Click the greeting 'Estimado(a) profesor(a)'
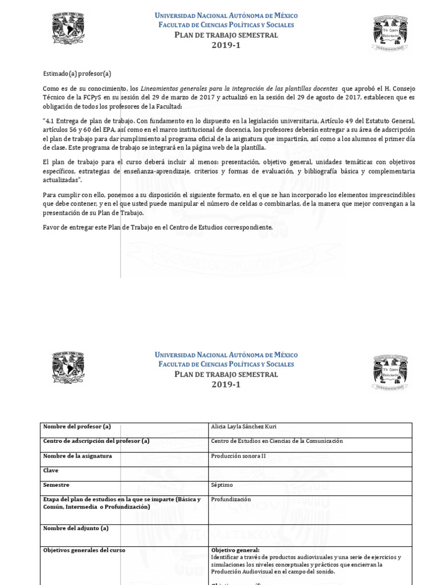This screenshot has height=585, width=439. click(x=77, y=73)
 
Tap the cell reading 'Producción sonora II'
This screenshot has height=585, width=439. click(x=238, y=456)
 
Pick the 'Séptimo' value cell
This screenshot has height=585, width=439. click(x=222, y=484)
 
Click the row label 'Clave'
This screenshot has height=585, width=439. click(x=51, y=470)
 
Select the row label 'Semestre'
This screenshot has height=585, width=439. click(x=56, y=484)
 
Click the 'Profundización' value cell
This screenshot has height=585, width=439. click(x=231, y=499)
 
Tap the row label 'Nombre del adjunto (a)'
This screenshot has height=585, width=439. click(x=75, y=528)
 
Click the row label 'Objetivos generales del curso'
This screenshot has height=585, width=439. click(x=84, y=550)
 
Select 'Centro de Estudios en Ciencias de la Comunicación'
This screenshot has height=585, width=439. click(x=277, y=441)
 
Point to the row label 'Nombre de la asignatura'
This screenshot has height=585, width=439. click(x=77, y=456)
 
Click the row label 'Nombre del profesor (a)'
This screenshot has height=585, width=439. click(x=77, y=427)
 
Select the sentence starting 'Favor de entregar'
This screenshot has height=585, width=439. click(x=158, y=227)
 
